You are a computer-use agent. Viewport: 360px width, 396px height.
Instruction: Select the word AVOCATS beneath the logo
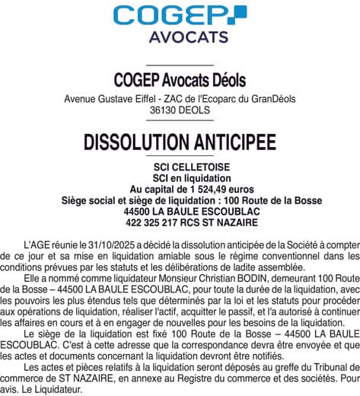click(x=180, y=37)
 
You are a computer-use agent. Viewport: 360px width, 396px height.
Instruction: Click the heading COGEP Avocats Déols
click(x=179, y=81)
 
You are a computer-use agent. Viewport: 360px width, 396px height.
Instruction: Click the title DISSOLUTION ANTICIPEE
click(x=180, y=142)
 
